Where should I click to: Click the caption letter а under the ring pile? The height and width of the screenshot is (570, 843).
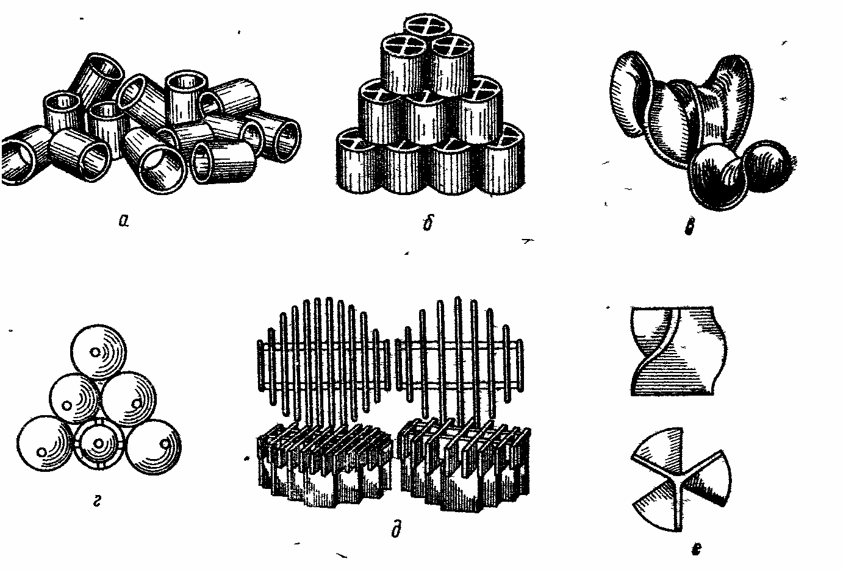pyautogui.click(x=124, y=221)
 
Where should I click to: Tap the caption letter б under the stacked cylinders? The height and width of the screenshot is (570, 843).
pyautogui.click(x=428, y=222)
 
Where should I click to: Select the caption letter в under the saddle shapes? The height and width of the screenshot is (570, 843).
pyautogui.click(x=689, y=226)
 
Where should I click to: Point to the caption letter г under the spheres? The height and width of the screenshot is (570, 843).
pyautogui.click(x=97, y=501)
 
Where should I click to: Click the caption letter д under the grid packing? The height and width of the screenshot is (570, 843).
pyautogui.click(x=396, y=529)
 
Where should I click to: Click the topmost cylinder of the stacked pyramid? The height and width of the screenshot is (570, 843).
pyautogui.click(x=427, y=28)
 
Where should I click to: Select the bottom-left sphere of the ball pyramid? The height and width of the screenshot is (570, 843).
pyautogui.click(x=45, y=443)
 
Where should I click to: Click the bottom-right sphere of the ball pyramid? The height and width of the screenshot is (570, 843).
pyautogui.click(x=153, y=447)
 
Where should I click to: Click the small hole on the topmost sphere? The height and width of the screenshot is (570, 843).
pyautogui.click(x=95, y=352)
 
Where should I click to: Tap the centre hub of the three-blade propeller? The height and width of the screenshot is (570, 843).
pyautogui.click(x=681, y=480)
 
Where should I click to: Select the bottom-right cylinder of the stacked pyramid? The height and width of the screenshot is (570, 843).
pyautogui.click(x=503, y=160)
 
